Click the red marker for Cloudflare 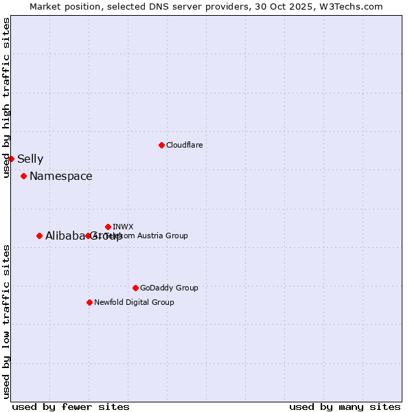(x=161, y=145)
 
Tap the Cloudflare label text (x=184, y=145)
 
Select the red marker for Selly (x=11, y=159)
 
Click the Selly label (x=30, y=159)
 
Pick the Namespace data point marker (x=23, y=176)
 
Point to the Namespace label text (x=60, y=176)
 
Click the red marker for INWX (x=108, y=227)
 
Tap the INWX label (x=123, y=227)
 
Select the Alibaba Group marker (x=39, y=236)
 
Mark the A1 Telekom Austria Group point (x=88, y=236)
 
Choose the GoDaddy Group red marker (x=135, y=288)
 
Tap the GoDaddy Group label (x=168, y=288)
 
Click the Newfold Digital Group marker (x=89, y=302)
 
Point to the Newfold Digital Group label (x=134, y=302)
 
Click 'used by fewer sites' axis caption (x=71, y=407)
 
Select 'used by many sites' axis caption (x=345, y=407)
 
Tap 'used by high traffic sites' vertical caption (x=6, y=98)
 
